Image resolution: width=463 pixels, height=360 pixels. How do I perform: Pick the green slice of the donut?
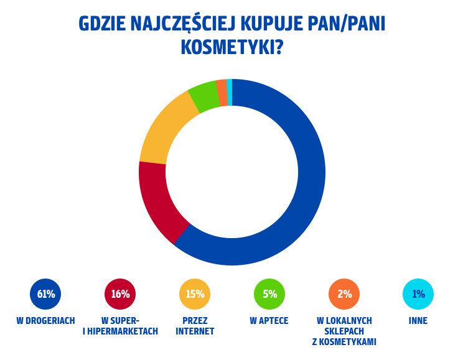[x=203, y=96]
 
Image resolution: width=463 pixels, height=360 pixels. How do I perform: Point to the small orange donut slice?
[x=222, y=93]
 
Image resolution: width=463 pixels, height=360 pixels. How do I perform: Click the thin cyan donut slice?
[x=230, y=92]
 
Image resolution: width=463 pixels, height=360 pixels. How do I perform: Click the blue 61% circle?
[x=45, y=294]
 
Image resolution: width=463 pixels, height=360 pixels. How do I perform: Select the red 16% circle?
[x=120, y=294]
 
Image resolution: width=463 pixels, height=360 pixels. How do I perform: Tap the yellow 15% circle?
[x=195, y=294]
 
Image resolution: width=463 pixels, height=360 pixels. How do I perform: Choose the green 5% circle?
[x=269, y=294]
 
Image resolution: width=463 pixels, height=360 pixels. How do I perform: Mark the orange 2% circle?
[x=344, y=294]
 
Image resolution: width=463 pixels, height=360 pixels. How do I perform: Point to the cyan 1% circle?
[x=418, y=294]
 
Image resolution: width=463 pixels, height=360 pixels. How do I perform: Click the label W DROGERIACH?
[x=45, y=321]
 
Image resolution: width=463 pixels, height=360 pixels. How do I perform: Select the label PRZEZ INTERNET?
[x=195, y=326]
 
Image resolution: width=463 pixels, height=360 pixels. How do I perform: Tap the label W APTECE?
[x=269, y=321]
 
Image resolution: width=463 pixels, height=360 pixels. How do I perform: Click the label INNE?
[x=418, y=321]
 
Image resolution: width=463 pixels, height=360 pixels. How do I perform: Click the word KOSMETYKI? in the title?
[x=231, y=47]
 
